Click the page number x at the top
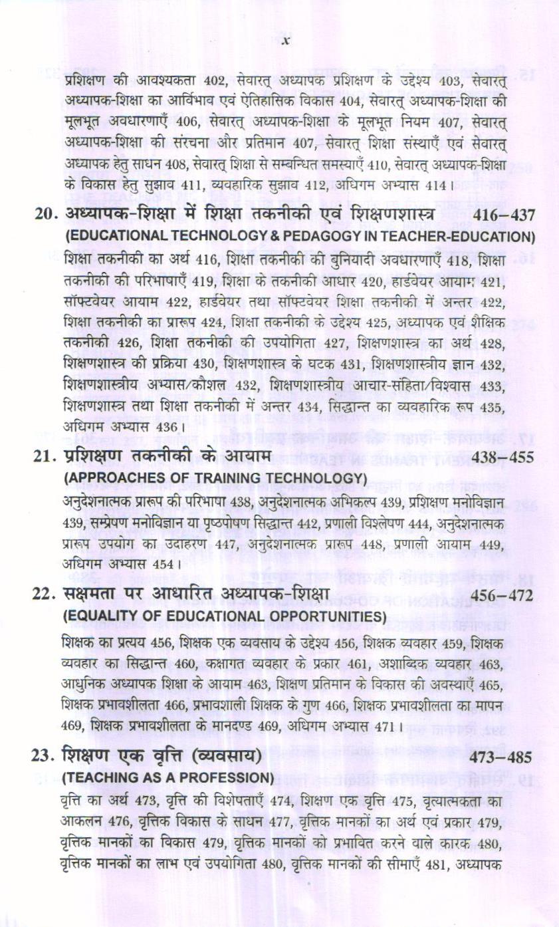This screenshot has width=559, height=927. pyautogui.click(x=286, y=41)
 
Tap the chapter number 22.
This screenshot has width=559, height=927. pyautogui.click(x=45, y=595)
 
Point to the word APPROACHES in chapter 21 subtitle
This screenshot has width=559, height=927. pyautogui.click(x=108, y=479)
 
